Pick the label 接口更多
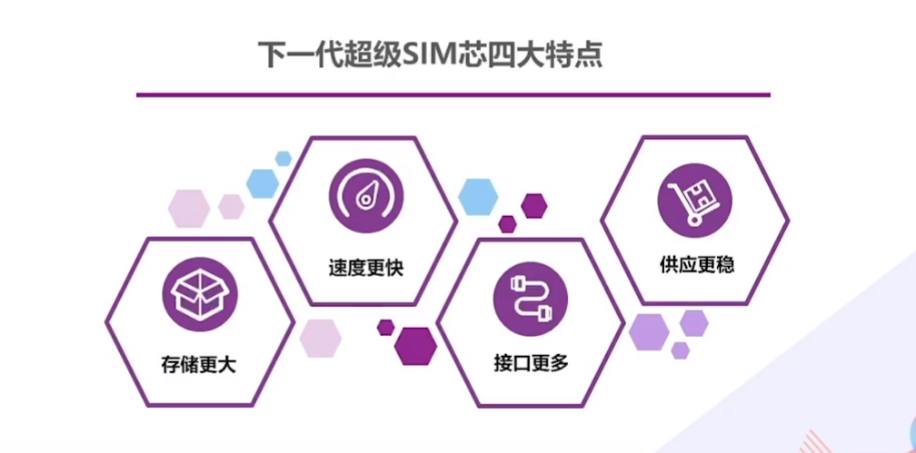coord(531,364)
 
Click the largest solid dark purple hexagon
coord(416,344)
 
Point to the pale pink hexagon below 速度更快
coord(320,338)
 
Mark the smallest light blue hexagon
coord(284,158)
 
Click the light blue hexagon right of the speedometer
coord(478,195)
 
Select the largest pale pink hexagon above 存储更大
coord(189,208)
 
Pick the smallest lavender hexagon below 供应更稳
coord(680,350)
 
